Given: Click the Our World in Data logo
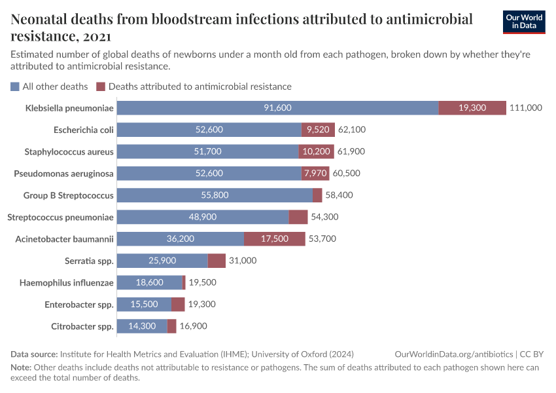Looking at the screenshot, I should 524,22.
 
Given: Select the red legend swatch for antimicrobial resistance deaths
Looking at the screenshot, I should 100,86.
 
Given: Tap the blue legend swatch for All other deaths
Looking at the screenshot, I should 15,86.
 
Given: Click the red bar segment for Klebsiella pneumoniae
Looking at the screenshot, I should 472,108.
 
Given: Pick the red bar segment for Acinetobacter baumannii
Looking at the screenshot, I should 275,239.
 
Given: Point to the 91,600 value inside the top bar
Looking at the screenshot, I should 277,108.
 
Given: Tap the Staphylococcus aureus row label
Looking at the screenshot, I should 69,152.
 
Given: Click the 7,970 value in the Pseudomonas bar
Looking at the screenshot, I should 316,174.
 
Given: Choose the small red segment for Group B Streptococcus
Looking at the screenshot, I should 317,195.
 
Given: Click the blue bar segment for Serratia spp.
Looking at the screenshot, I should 163,261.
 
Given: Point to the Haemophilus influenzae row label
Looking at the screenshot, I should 68,283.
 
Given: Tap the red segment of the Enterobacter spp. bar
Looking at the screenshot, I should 178,305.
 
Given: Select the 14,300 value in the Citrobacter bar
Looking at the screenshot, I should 143,326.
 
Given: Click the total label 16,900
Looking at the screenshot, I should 194,326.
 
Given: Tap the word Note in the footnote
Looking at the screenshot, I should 21,367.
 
